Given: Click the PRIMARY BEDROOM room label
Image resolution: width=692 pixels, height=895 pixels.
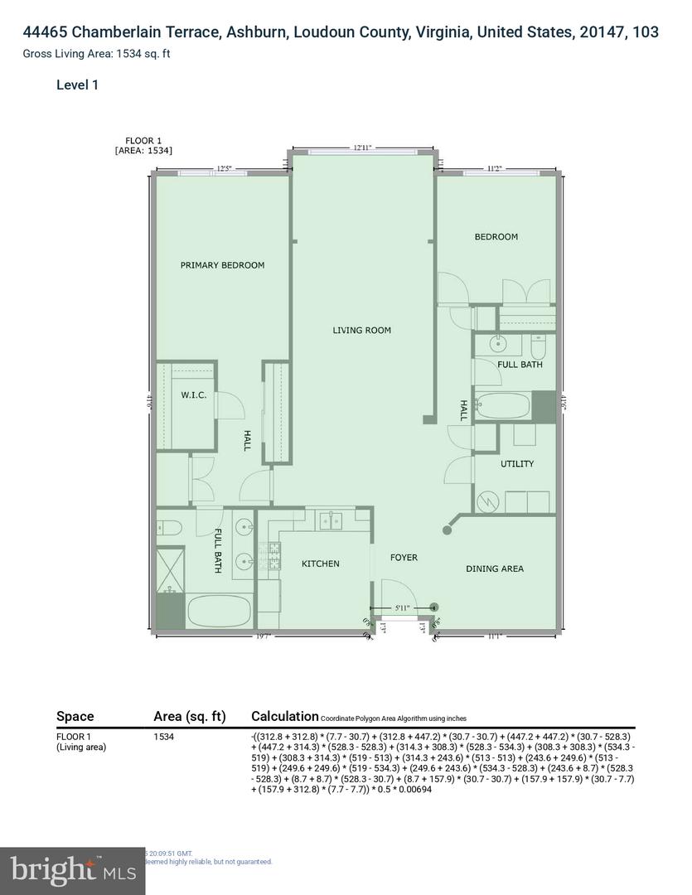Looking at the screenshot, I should (222, 265).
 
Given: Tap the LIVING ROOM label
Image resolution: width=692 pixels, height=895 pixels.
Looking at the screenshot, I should (361, 331).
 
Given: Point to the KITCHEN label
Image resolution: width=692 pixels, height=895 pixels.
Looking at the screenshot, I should (320, 564).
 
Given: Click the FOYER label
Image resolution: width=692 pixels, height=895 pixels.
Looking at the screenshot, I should (404, 558).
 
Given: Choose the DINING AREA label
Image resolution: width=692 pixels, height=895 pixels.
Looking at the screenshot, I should (494, 568).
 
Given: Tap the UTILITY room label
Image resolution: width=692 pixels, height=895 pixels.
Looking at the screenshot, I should (517, 464).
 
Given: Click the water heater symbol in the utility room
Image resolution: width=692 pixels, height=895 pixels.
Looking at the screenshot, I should (488, 501).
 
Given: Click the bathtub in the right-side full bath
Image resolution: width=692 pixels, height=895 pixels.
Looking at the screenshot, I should (502, 406).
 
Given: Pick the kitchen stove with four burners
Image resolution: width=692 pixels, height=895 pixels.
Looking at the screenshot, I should (270, 554).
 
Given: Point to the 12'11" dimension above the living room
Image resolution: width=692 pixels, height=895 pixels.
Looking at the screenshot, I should (362, 148).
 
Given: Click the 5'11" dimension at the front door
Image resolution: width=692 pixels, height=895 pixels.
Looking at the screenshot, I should (403, 608).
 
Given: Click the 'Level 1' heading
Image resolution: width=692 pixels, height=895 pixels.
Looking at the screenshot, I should (77, 85).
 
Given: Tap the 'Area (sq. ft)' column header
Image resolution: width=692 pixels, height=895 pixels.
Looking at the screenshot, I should (192, 716).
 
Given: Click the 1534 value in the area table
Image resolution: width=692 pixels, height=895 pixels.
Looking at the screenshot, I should (163, 736).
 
